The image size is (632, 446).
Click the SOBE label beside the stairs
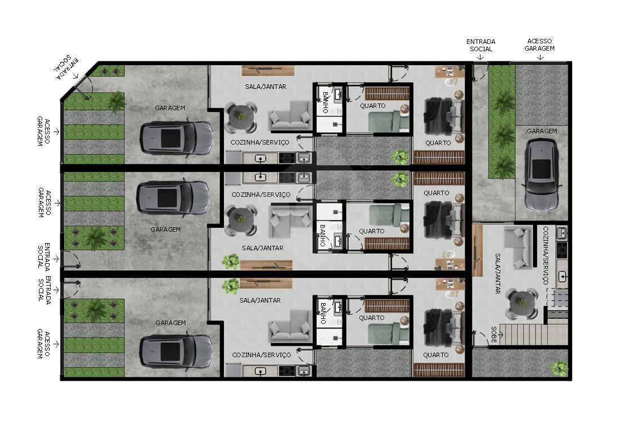pyautogui.click(x=494, y=335)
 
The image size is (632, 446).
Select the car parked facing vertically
pyautogui.click(x=541, y=175)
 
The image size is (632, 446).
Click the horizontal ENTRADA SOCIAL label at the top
pyautogui.click(x=481, y=45)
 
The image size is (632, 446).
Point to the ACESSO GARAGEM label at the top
pyautogui.click(x=539, y=44)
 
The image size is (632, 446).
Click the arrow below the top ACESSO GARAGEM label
pyautogui.click(x=540, y=57)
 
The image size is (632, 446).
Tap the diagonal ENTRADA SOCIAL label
pyautogui.click(x=66, y=67)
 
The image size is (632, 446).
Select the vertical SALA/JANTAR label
pyautogui.click(x=498, y=273)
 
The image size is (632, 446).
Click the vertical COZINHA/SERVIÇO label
pyautogui.click(x=546, y=255)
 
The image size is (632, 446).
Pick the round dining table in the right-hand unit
pyautogui.click(x=522, y=303)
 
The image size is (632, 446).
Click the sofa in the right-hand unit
pyautogui.click(x=519, y=247)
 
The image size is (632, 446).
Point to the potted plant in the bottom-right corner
pyautogui.click(x=559, y=368)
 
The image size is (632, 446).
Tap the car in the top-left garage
pyautogui.click(x=176, y=138)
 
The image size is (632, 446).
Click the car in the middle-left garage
pyautogui.click(x=173, y=197)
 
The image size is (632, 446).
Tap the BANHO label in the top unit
pyautogui.click(x=325, y=102)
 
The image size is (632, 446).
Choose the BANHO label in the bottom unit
pyautogui.click(x=322, y=314)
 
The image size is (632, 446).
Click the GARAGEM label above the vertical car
pyautogui.click(x=542, y=131)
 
